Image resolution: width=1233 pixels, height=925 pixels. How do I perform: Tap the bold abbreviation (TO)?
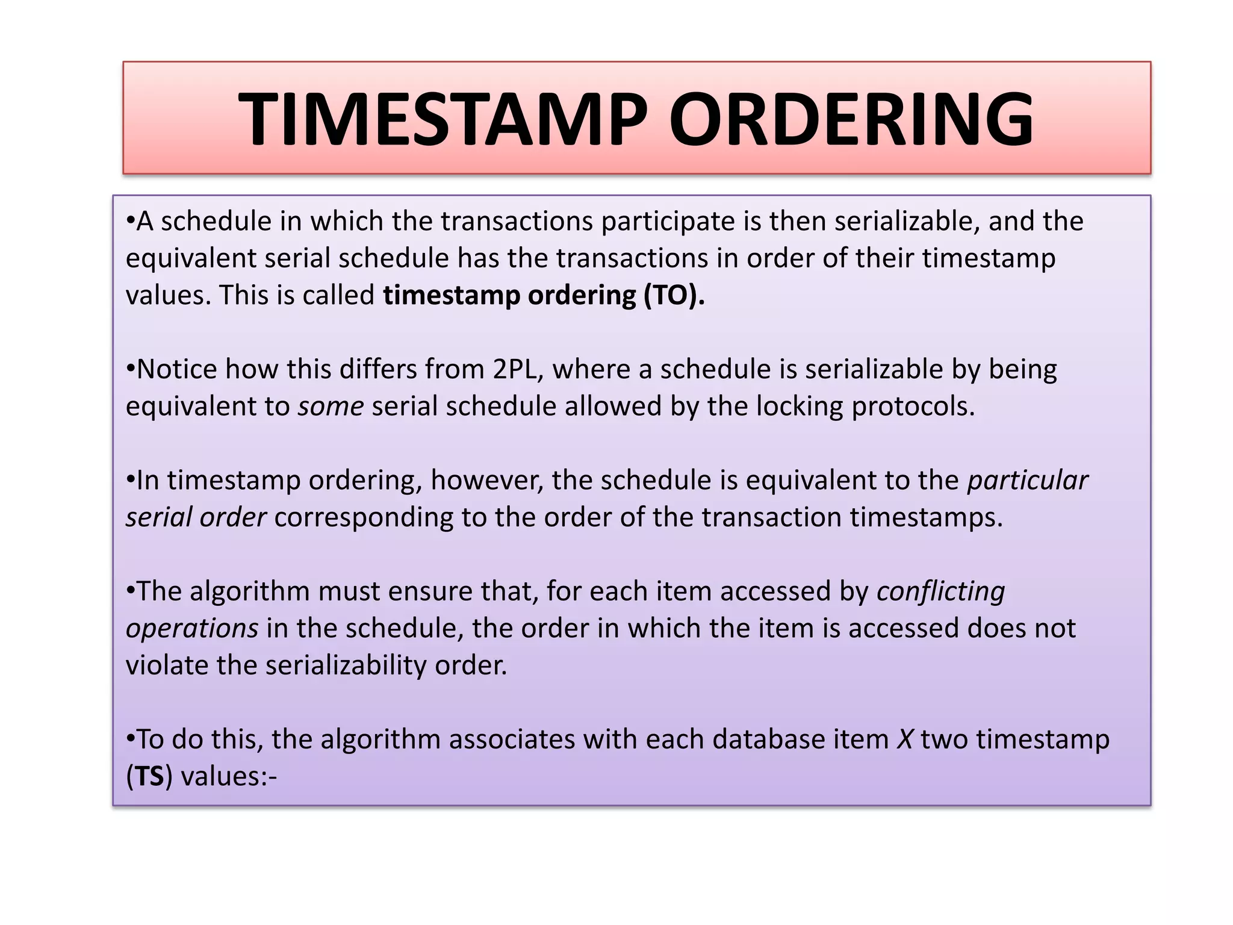[x=674, y=296]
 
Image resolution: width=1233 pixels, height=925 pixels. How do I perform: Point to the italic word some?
[x=331, y=407]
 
